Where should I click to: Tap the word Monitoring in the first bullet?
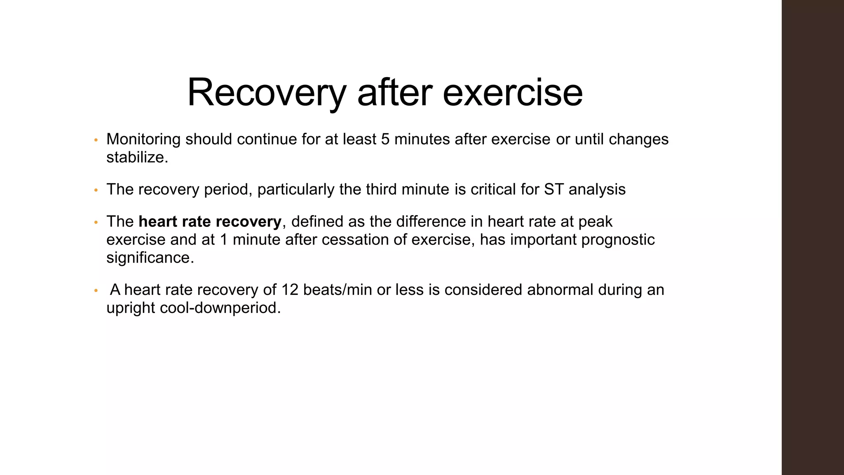click(143, 139)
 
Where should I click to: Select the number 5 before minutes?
click(385, 139)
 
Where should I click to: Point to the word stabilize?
click(137, 158)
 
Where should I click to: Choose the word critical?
click(499, 190)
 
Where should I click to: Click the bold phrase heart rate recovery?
click(210, 222)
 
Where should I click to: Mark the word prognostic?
click(618, 240)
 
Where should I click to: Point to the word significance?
click(150, 258)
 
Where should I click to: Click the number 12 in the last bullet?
click(290, 290)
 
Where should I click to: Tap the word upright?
click(130, 308)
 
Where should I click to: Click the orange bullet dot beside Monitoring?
click(96, 140)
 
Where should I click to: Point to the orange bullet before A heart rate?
click(96, 291)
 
